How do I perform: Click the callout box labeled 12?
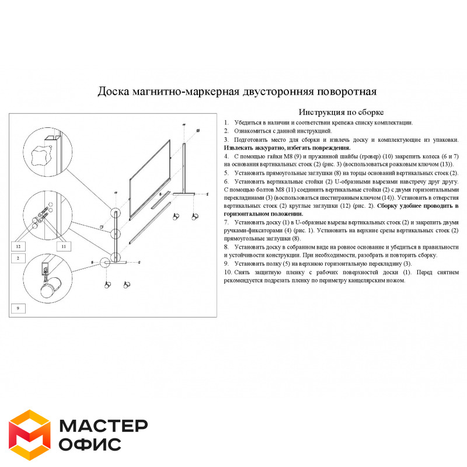[18, 246]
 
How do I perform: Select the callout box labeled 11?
[64, 246]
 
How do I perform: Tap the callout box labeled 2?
[18, 258]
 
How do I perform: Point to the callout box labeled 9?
[18, 308]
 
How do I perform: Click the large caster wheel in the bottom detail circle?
[50, 287]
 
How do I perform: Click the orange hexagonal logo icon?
[30, 434]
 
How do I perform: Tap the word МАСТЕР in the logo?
[103, 426]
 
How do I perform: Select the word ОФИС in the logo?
[90, 444]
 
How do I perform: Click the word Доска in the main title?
[113, 91]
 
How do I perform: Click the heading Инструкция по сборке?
[341, 112]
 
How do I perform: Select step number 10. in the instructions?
[228, 272]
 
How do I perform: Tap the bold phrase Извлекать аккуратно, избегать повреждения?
[287, 148]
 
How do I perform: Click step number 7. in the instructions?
[226, 222]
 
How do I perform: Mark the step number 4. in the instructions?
[226, 156]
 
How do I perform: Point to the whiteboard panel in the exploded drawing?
[149, 180]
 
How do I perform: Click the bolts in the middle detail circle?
[43, 214]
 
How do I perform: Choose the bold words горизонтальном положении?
[263, 214]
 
